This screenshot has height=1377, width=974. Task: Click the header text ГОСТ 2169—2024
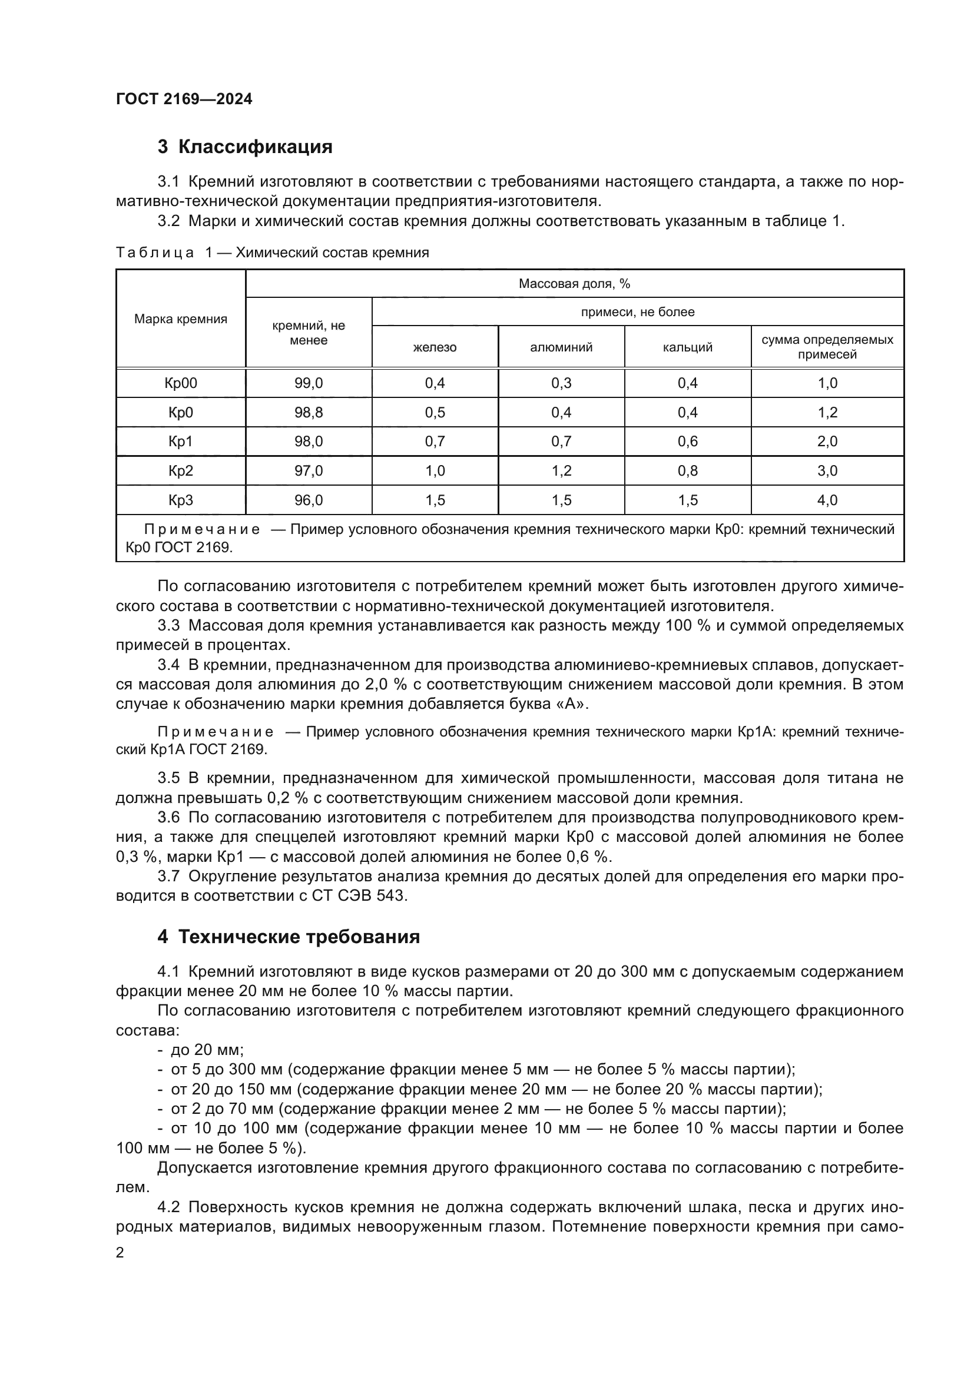tap(184, 99)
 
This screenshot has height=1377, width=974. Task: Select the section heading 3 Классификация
tap(245, 147)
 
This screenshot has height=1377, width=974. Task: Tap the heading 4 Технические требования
tap(289, 937)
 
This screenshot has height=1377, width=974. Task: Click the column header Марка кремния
tap(181, 319)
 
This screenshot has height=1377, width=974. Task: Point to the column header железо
tap(435, 347)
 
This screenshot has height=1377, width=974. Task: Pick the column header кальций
tap(687, 347)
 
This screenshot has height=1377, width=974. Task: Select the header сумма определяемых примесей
tap(827, 347)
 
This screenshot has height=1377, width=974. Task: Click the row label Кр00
tap(181, 383)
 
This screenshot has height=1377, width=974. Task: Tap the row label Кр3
tap(181, 500)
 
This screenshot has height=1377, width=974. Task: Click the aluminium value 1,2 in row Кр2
tap(561, 471)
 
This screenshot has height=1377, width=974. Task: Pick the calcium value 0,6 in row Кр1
tap(687, 442)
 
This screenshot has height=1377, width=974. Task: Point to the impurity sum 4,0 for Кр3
tap(827, 500)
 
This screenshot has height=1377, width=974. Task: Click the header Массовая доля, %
tap(574, 284)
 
